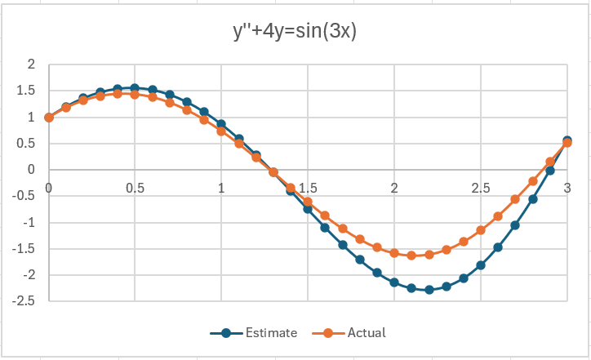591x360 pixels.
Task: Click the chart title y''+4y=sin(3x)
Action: tap(295, 32)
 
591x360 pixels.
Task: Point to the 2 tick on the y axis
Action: tap(31, 64)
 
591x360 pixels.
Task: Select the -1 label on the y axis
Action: tap(29, 223)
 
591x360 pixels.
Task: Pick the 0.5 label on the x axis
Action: tap(135, 188)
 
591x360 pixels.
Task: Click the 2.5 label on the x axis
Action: tap(480, 188)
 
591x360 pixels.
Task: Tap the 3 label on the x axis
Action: tap(567, 188)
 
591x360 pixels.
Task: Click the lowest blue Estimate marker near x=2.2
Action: tap(429, 290)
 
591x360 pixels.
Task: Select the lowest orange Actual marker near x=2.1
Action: tap(412, 256)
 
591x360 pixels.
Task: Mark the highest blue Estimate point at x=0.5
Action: tap(135, 88)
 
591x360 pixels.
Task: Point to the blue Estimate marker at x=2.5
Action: tap(481, 265)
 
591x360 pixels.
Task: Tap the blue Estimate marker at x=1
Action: tap(221, 124)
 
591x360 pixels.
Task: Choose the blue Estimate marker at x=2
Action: tap(394, 282)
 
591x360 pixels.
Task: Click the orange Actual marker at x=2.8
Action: tap(533, 181)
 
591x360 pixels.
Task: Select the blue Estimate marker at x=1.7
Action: tap(343, 245)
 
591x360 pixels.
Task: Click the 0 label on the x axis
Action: tap(49, 188)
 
